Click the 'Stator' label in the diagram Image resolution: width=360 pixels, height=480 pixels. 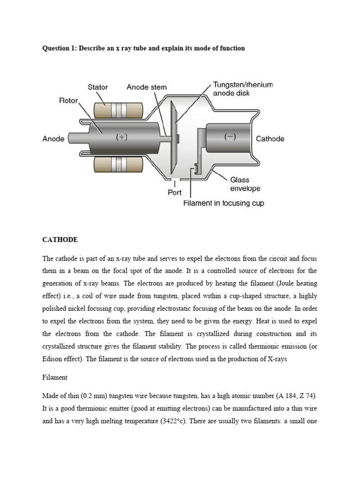[x=97, y=87]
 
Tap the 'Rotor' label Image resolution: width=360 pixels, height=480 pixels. [x=68, y=101]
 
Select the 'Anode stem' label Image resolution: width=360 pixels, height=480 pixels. [x=146, y=87]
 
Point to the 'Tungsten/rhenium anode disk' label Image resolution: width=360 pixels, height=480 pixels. [x=242, y=89]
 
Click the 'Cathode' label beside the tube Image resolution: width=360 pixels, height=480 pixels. [x=270, y=139]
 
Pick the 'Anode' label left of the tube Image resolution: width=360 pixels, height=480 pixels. [x=53, y=139]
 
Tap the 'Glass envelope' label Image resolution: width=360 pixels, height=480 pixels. [x=245, y=184]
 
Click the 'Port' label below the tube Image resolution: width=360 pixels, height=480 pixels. [x=174, y=193]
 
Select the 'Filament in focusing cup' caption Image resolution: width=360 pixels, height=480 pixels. [x=224, y=203]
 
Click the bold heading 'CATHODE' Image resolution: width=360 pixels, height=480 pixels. [x=60, y=240]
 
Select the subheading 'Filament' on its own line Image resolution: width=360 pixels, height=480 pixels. [x=55, y=377]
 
